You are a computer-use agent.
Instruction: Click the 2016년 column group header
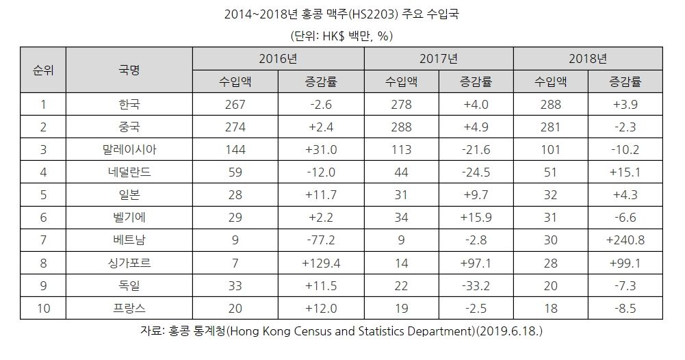pos(278,58)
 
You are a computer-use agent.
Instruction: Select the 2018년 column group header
pos(587,58)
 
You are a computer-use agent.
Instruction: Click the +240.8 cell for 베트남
pos(625,240)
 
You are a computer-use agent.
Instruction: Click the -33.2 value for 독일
pos(476,285)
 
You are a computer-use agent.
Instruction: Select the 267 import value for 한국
pos(235,105)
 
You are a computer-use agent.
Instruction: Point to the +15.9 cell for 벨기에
pos(476,218)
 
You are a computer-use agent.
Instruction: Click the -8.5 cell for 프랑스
pos(625,308)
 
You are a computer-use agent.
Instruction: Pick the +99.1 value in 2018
pos(625,263)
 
